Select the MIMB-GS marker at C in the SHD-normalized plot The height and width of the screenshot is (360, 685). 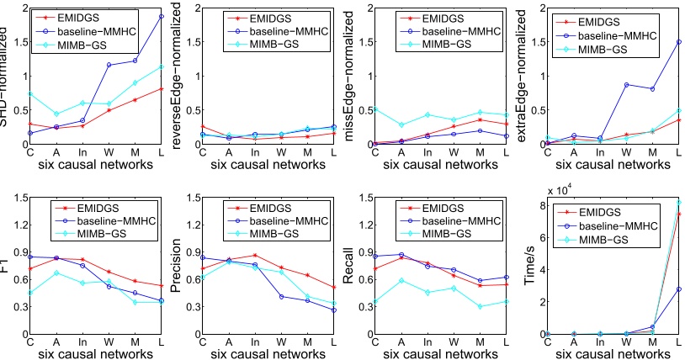pos(30,94)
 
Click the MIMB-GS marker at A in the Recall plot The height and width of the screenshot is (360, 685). pos(401,280)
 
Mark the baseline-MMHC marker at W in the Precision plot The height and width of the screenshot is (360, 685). pos(281,296)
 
